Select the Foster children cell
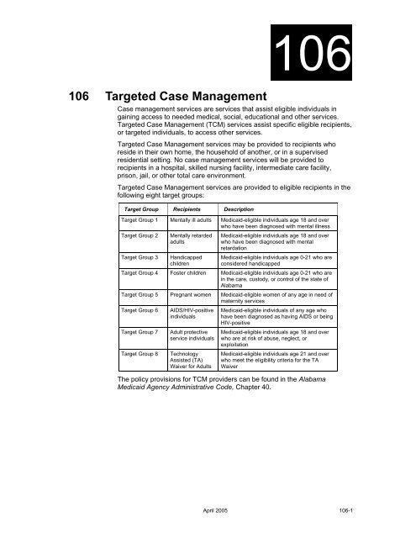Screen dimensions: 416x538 (189, 296)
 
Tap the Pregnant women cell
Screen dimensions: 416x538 (190, 319)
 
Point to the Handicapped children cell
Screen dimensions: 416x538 (187, 278)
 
